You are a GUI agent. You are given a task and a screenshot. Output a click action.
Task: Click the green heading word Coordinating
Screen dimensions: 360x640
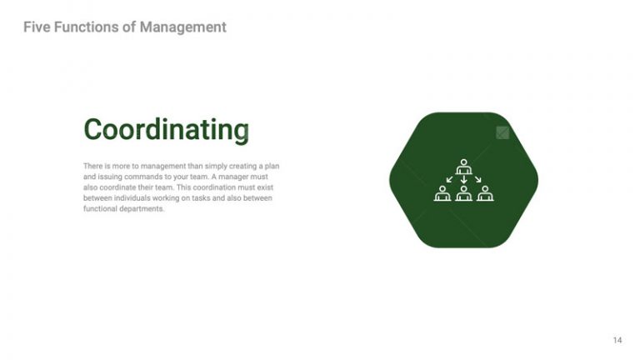(x=166, y=130)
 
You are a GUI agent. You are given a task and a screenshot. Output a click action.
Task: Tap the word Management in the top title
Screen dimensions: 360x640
(x=182, y=27)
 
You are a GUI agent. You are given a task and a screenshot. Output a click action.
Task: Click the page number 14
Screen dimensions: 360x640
(x=617, y=340)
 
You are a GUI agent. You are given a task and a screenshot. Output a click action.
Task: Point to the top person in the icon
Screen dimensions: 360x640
(x=463, y=167)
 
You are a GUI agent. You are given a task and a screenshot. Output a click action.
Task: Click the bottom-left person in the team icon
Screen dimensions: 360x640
(x=442, y=193)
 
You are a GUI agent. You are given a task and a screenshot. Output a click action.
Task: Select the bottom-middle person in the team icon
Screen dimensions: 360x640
(x=463, y=193)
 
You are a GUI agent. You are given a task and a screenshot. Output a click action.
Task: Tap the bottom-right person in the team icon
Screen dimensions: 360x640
(x=485, y=193)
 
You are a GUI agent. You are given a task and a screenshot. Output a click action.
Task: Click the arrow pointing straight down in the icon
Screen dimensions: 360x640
(x=463, y=179)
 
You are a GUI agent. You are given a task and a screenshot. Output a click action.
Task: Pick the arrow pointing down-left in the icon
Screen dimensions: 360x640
(x=450, y=179)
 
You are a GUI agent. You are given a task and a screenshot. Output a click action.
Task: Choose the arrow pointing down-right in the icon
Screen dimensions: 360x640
(x=477, y=179)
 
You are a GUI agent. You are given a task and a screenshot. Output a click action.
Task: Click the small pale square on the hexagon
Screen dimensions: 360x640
(x=502, y=132)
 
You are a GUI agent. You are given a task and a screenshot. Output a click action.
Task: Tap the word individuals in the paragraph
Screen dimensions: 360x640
(x=132, y=198)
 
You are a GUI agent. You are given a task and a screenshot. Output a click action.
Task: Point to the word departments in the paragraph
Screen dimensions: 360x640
(x=142, y=209)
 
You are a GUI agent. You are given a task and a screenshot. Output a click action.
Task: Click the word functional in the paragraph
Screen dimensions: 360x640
(x=101, y=209)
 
